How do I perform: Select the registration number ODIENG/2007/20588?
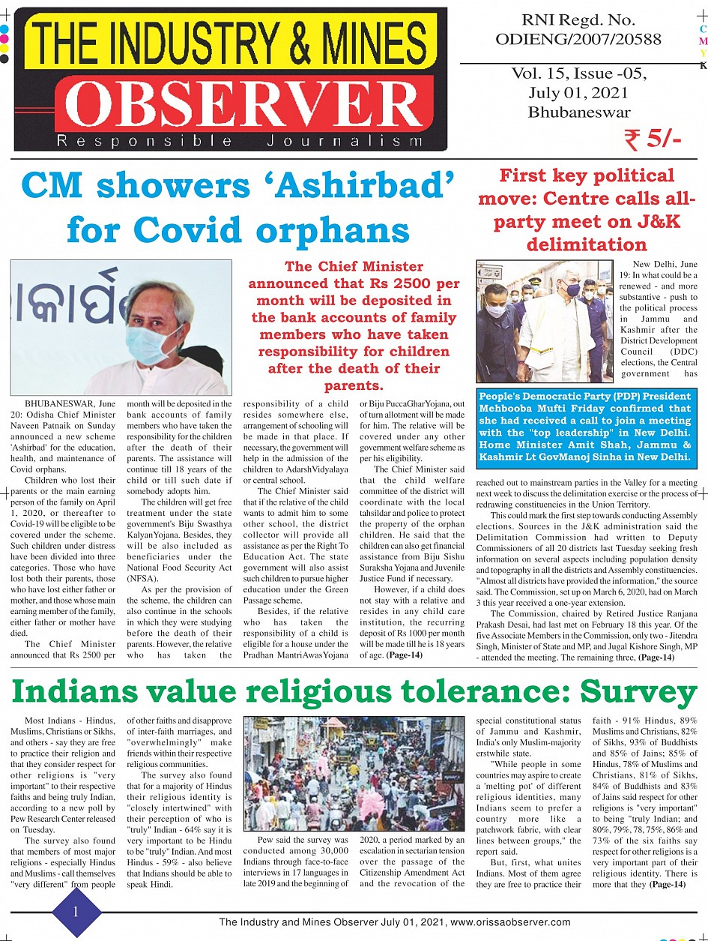point(578,38)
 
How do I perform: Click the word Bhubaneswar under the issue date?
point(578,112)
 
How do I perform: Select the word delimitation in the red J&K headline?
point(587,244)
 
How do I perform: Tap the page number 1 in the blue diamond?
point(76,911)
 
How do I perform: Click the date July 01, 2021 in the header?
point(578,93)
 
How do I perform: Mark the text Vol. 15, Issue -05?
point(578,73)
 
